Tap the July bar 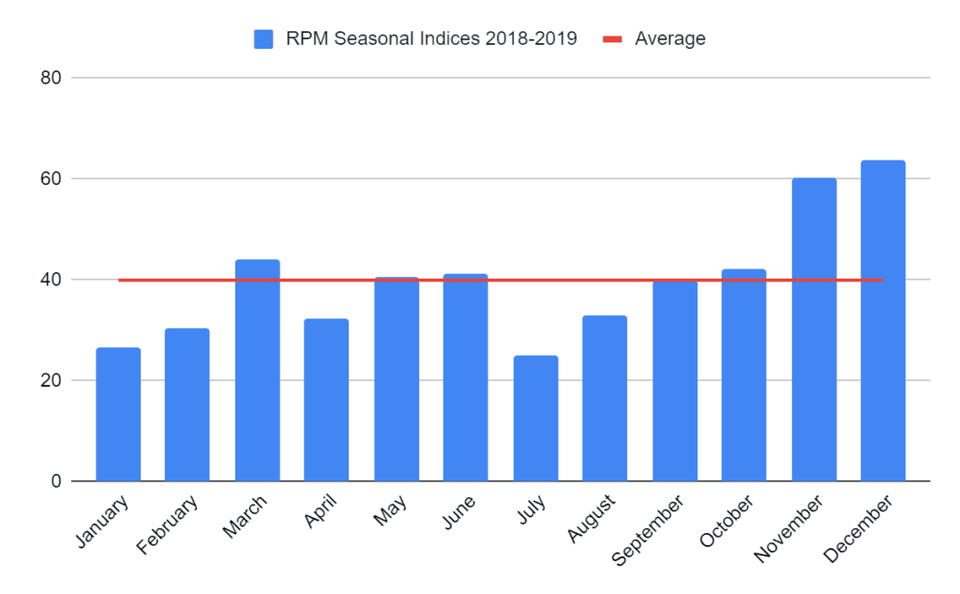point(535,419)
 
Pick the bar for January point(118,415)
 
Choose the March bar point(257,371)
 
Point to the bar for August point(605,399)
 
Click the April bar point(326,401)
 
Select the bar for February point(187,405)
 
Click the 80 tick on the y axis point(51,78)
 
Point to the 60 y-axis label point(51,179)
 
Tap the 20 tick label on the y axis point(51,381)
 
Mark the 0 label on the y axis point(55,482)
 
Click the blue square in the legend point(263,39)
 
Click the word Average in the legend point(670,39)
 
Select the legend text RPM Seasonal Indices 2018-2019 point(431,39)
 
